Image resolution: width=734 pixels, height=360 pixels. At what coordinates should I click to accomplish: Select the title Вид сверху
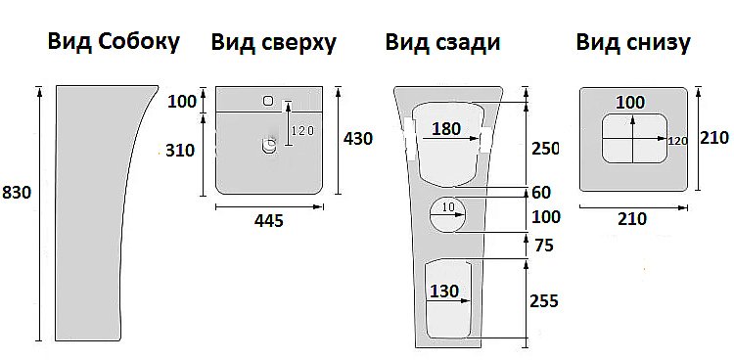274,42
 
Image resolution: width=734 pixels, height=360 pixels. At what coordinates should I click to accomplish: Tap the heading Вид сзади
442,42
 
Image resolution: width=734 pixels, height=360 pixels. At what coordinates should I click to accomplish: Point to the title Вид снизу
633,42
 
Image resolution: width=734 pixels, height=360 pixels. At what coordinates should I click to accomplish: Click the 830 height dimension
18,193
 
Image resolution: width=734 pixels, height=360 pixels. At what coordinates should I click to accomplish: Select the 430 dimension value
357,139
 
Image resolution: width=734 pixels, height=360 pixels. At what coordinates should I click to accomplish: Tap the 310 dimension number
182,150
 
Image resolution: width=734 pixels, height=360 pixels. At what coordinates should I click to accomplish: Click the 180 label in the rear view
446,129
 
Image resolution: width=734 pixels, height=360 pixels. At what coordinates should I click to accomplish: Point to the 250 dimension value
544,149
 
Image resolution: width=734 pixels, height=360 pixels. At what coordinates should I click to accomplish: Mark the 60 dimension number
540,192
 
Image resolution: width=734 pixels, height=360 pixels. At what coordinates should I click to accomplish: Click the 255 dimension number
543,301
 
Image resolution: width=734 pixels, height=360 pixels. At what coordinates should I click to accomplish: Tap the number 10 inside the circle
449,206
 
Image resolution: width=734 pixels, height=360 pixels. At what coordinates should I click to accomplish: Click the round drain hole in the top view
269,147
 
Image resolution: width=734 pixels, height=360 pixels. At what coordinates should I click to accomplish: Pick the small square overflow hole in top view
267,100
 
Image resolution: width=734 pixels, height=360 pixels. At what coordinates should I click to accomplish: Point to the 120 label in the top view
302,131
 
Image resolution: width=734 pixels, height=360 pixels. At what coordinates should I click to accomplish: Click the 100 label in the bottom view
631,102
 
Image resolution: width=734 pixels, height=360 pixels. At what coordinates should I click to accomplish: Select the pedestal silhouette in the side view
93,215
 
